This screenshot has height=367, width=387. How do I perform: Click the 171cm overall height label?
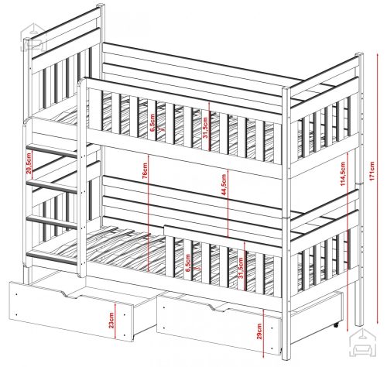[x=372, y=171]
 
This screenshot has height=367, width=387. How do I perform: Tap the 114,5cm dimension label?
[x=342, y=173]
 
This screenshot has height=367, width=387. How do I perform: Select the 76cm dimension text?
[x=145, y=170]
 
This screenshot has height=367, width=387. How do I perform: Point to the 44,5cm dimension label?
[x=224, y=184]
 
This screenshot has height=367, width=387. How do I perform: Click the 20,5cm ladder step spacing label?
[x=29, y=163]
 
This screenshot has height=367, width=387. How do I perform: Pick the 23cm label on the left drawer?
[x=111, y=320]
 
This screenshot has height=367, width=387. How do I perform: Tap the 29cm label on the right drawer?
[x=259, y=331]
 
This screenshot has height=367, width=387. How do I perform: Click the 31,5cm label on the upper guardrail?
[x=205, y=128]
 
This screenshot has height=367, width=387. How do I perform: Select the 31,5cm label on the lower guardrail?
[x=241, y=268]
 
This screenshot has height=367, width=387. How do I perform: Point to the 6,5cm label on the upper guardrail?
[x=152, y=123]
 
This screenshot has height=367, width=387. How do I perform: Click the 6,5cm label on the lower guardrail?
[x=188, y=262]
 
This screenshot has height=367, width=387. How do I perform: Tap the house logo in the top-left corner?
[x=33, y=37]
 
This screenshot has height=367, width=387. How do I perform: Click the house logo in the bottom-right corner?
[x=361, y=343]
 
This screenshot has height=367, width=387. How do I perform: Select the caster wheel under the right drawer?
[x=336, y=325]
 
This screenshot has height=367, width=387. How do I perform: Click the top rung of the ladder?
[x=52, y=151]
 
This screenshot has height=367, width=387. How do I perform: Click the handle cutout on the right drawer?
[x=217, y=307]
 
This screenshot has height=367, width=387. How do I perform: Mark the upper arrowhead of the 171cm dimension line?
[x=377, y=55]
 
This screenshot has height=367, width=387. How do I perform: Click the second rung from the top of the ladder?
[x=52, y=187]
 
